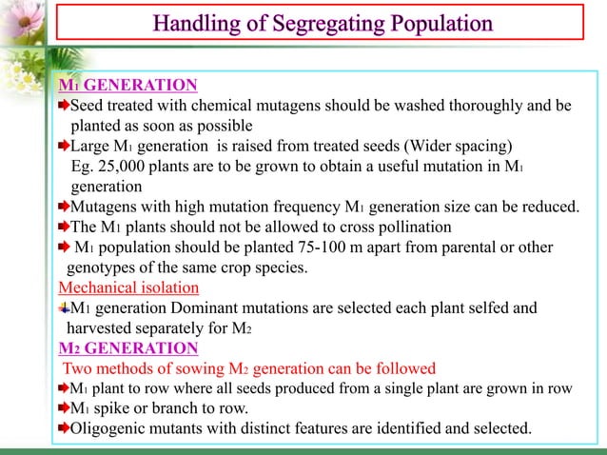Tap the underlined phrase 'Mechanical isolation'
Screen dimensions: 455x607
[128, 287]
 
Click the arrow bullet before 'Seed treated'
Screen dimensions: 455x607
[64, 105]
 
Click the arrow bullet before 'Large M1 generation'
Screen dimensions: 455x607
[64, 146]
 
